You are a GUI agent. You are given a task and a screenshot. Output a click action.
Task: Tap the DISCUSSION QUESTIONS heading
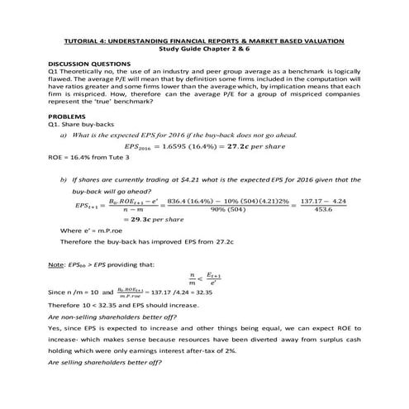89,64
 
